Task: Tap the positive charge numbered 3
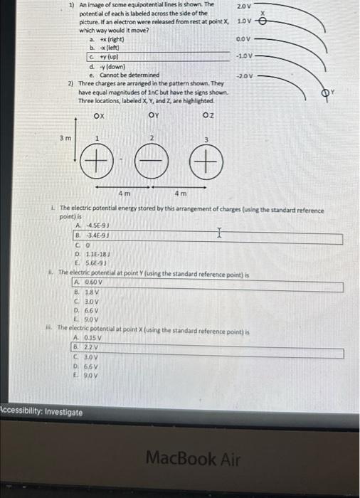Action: pos(205,165)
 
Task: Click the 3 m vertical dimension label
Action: pos(65,138)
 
